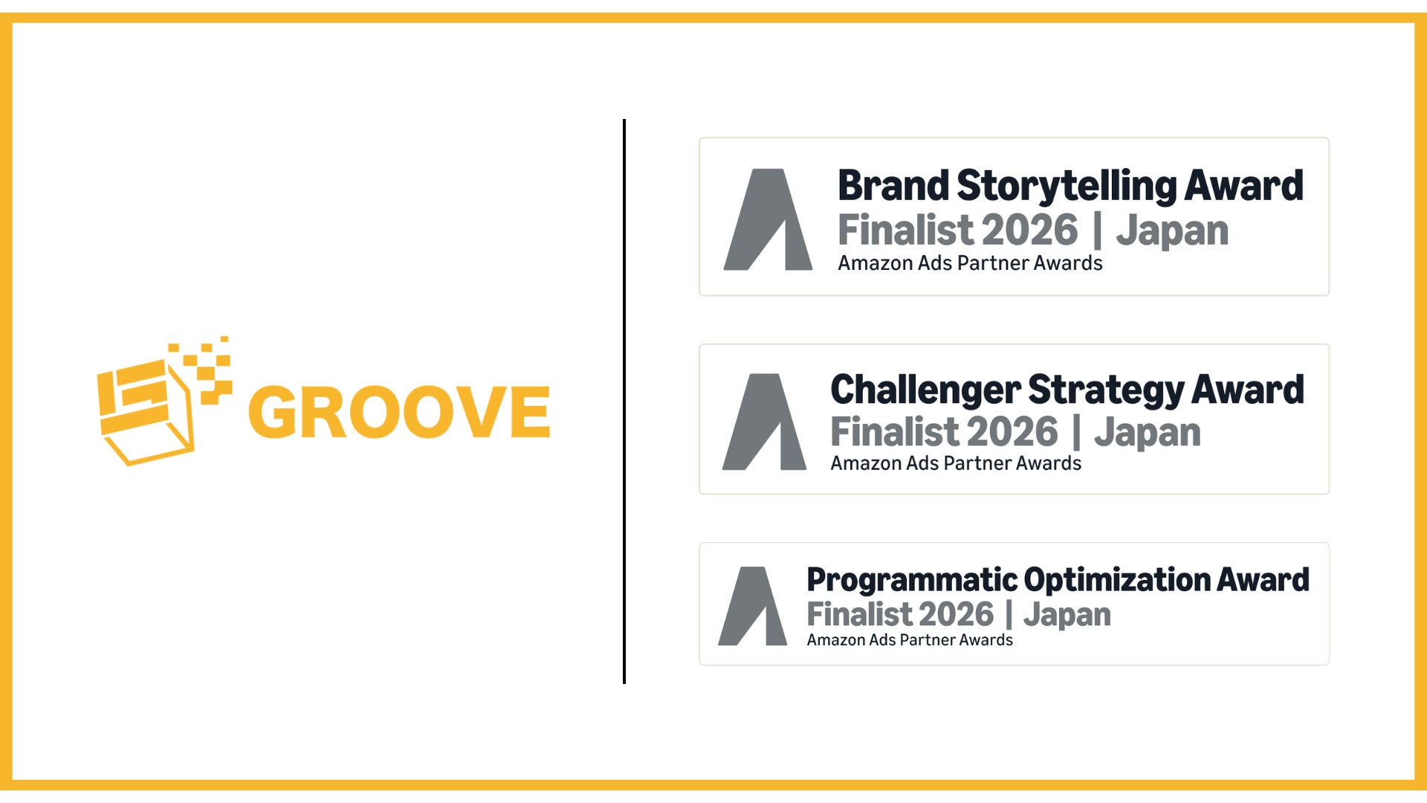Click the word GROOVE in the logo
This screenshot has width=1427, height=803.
point(399,411)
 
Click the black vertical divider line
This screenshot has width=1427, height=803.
point(624,401)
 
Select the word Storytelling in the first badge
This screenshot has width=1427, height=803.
point(1067,186)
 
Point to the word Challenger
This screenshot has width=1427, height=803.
point(925,390)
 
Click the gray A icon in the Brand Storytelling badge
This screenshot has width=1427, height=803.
point(768,219)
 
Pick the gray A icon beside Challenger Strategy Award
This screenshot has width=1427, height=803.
point(764,422)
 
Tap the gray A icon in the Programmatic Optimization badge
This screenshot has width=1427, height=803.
point(753,606)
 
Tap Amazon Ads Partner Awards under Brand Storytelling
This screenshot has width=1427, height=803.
point(970,263)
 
